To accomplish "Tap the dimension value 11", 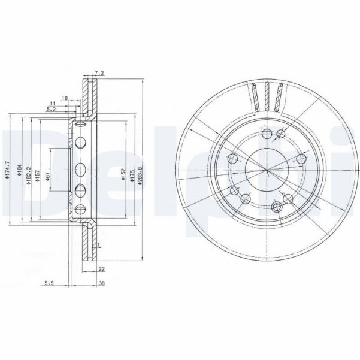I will click(53, 103).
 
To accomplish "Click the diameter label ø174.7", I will click(7, 170).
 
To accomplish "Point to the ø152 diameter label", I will click(123, 172).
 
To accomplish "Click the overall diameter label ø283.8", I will click(140, 172).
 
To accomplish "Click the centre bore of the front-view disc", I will click(267, 170).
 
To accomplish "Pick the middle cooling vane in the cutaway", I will click(267, 96).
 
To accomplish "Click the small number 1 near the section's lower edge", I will click(99, 246).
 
